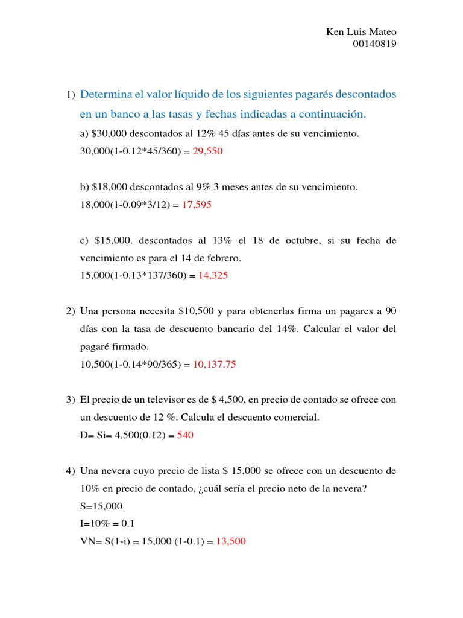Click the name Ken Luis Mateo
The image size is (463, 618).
361,32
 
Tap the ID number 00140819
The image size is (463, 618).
374,43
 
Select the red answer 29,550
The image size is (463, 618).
207,151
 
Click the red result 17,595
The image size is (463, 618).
197,205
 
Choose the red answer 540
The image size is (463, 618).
185,435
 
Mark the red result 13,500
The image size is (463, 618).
231,541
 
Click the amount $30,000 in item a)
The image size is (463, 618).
107,133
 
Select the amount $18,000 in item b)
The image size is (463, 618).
108,187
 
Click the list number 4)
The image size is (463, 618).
71,471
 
